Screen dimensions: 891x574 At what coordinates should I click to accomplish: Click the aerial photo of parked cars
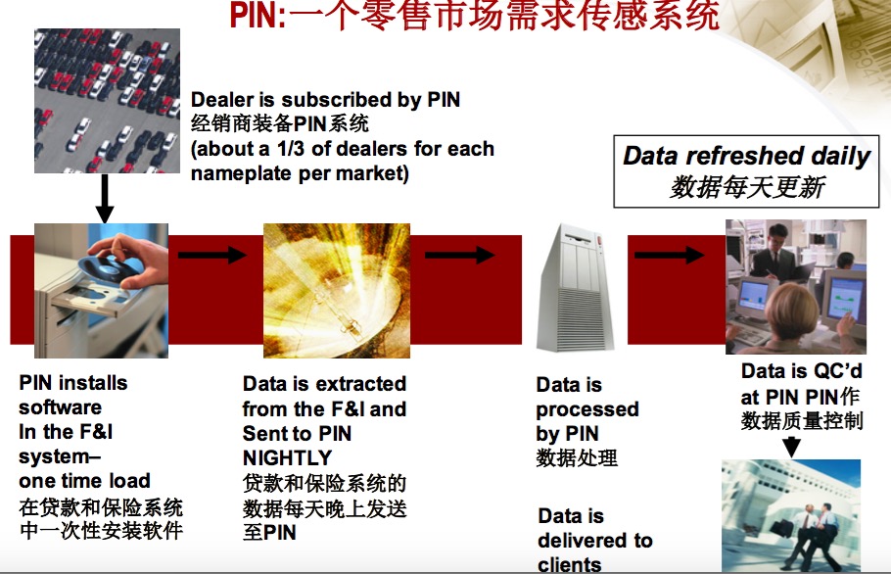click(107, 101)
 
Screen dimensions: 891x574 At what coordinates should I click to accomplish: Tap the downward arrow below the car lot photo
click(105, 198)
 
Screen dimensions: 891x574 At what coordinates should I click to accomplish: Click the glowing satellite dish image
click(337, 290)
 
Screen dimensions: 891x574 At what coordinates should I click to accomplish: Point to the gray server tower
click(575, 288)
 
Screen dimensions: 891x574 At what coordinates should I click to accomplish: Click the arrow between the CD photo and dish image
click(211, 254)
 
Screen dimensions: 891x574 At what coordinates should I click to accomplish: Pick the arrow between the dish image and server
click(460, 255)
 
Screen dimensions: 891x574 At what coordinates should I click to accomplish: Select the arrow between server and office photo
click(670, 255)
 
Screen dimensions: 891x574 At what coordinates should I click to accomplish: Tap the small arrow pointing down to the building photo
click(791, 447)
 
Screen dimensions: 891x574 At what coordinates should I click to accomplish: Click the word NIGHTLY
click(287, 457)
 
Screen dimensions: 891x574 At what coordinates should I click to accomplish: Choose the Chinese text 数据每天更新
click(747, 187)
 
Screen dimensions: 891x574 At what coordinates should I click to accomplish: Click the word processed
click(587, 409)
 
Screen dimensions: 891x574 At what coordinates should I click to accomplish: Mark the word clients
click(570, 564)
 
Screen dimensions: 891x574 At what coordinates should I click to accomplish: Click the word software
click(61, 407)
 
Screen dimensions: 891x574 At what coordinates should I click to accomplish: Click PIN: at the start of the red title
click(258, 16)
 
